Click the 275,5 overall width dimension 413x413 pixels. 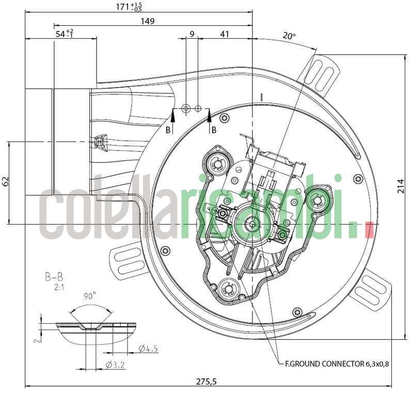206,382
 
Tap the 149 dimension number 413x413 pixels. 147,21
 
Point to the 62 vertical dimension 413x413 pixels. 6,181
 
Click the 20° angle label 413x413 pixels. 289,36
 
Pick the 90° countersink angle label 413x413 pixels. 90,296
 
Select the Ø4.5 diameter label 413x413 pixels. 148,349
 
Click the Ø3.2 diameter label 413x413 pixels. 116,365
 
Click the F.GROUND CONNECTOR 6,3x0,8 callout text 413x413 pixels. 337,363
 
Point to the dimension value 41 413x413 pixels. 225,34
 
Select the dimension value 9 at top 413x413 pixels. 192,34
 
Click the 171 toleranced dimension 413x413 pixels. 129,7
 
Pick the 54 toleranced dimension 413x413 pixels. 64,34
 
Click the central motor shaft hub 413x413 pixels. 252,224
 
